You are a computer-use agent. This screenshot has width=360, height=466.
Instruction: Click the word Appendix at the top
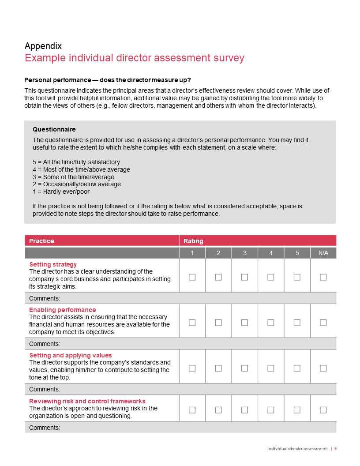click(43, 46)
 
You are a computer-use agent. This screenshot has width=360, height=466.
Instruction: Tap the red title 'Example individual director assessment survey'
click(134, 58)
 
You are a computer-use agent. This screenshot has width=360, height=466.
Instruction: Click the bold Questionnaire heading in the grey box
click(54, 129)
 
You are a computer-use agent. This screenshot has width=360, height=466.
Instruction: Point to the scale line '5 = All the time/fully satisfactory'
click(76, 162)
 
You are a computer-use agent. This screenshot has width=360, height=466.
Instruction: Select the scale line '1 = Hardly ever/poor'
click(61, 192)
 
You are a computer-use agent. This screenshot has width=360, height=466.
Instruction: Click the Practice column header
click(42, 241)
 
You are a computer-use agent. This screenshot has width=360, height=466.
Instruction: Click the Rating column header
click(193, 241)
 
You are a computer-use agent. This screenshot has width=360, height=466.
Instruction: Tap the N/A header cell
click(323, 253)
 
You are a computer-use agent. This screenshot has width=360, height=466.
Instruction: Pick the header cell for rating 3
click(244, 253)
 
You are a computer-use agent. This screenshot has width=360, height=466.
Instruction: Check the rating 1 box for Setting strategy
click(192, 277)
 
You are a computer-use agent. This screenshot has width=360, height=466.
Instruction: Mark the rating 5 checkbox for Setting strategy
click(297, 277)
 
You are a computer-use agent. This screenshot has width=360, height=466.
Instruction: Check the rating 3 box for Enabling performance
click(244, 323)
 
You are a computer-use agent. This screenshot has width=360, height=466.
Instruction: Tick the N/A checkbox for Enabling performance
click(323, 323)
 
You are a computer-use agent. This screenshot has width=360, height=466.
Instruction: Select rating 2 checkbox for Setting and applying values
click(218, 368)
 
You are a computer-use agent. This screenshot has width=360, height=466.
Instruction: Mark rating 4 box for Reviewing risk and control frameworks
click(271, 410)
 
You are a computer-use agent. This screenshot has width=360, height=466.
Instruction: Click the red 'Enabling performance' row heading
click(62, 310)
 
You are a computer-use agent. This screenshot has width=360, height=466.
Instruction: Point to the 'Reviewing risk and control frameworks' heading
click(87, 401)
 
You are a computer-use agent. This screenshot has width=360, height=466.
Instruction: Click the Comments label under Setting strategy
click(45, 298)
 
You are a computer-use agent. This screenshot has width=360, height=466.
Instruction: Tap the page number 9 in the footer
click(335, 448)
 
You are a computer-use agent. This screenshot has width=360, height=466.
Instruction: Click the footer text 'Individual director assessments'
click(298, 448)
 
